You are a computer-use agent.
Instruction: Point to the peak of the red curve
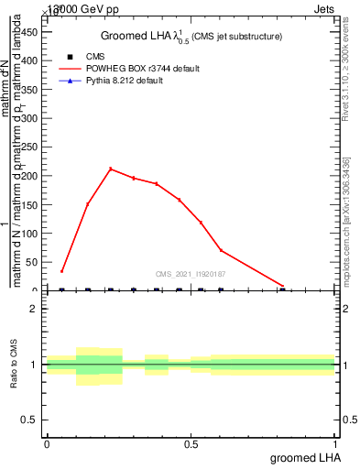(111, 169)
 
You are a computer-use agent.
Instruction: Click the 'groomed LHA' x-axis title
(303, 457)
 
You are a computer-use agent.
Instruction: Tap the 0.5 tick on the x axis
(191, 444)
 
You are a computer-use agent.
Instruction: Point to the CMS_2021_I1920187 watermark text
(191, 274)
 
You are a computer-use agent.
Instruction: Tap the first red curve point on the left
(61, 271)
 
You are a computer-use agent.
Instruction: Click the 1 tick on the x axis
(335, 444)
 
